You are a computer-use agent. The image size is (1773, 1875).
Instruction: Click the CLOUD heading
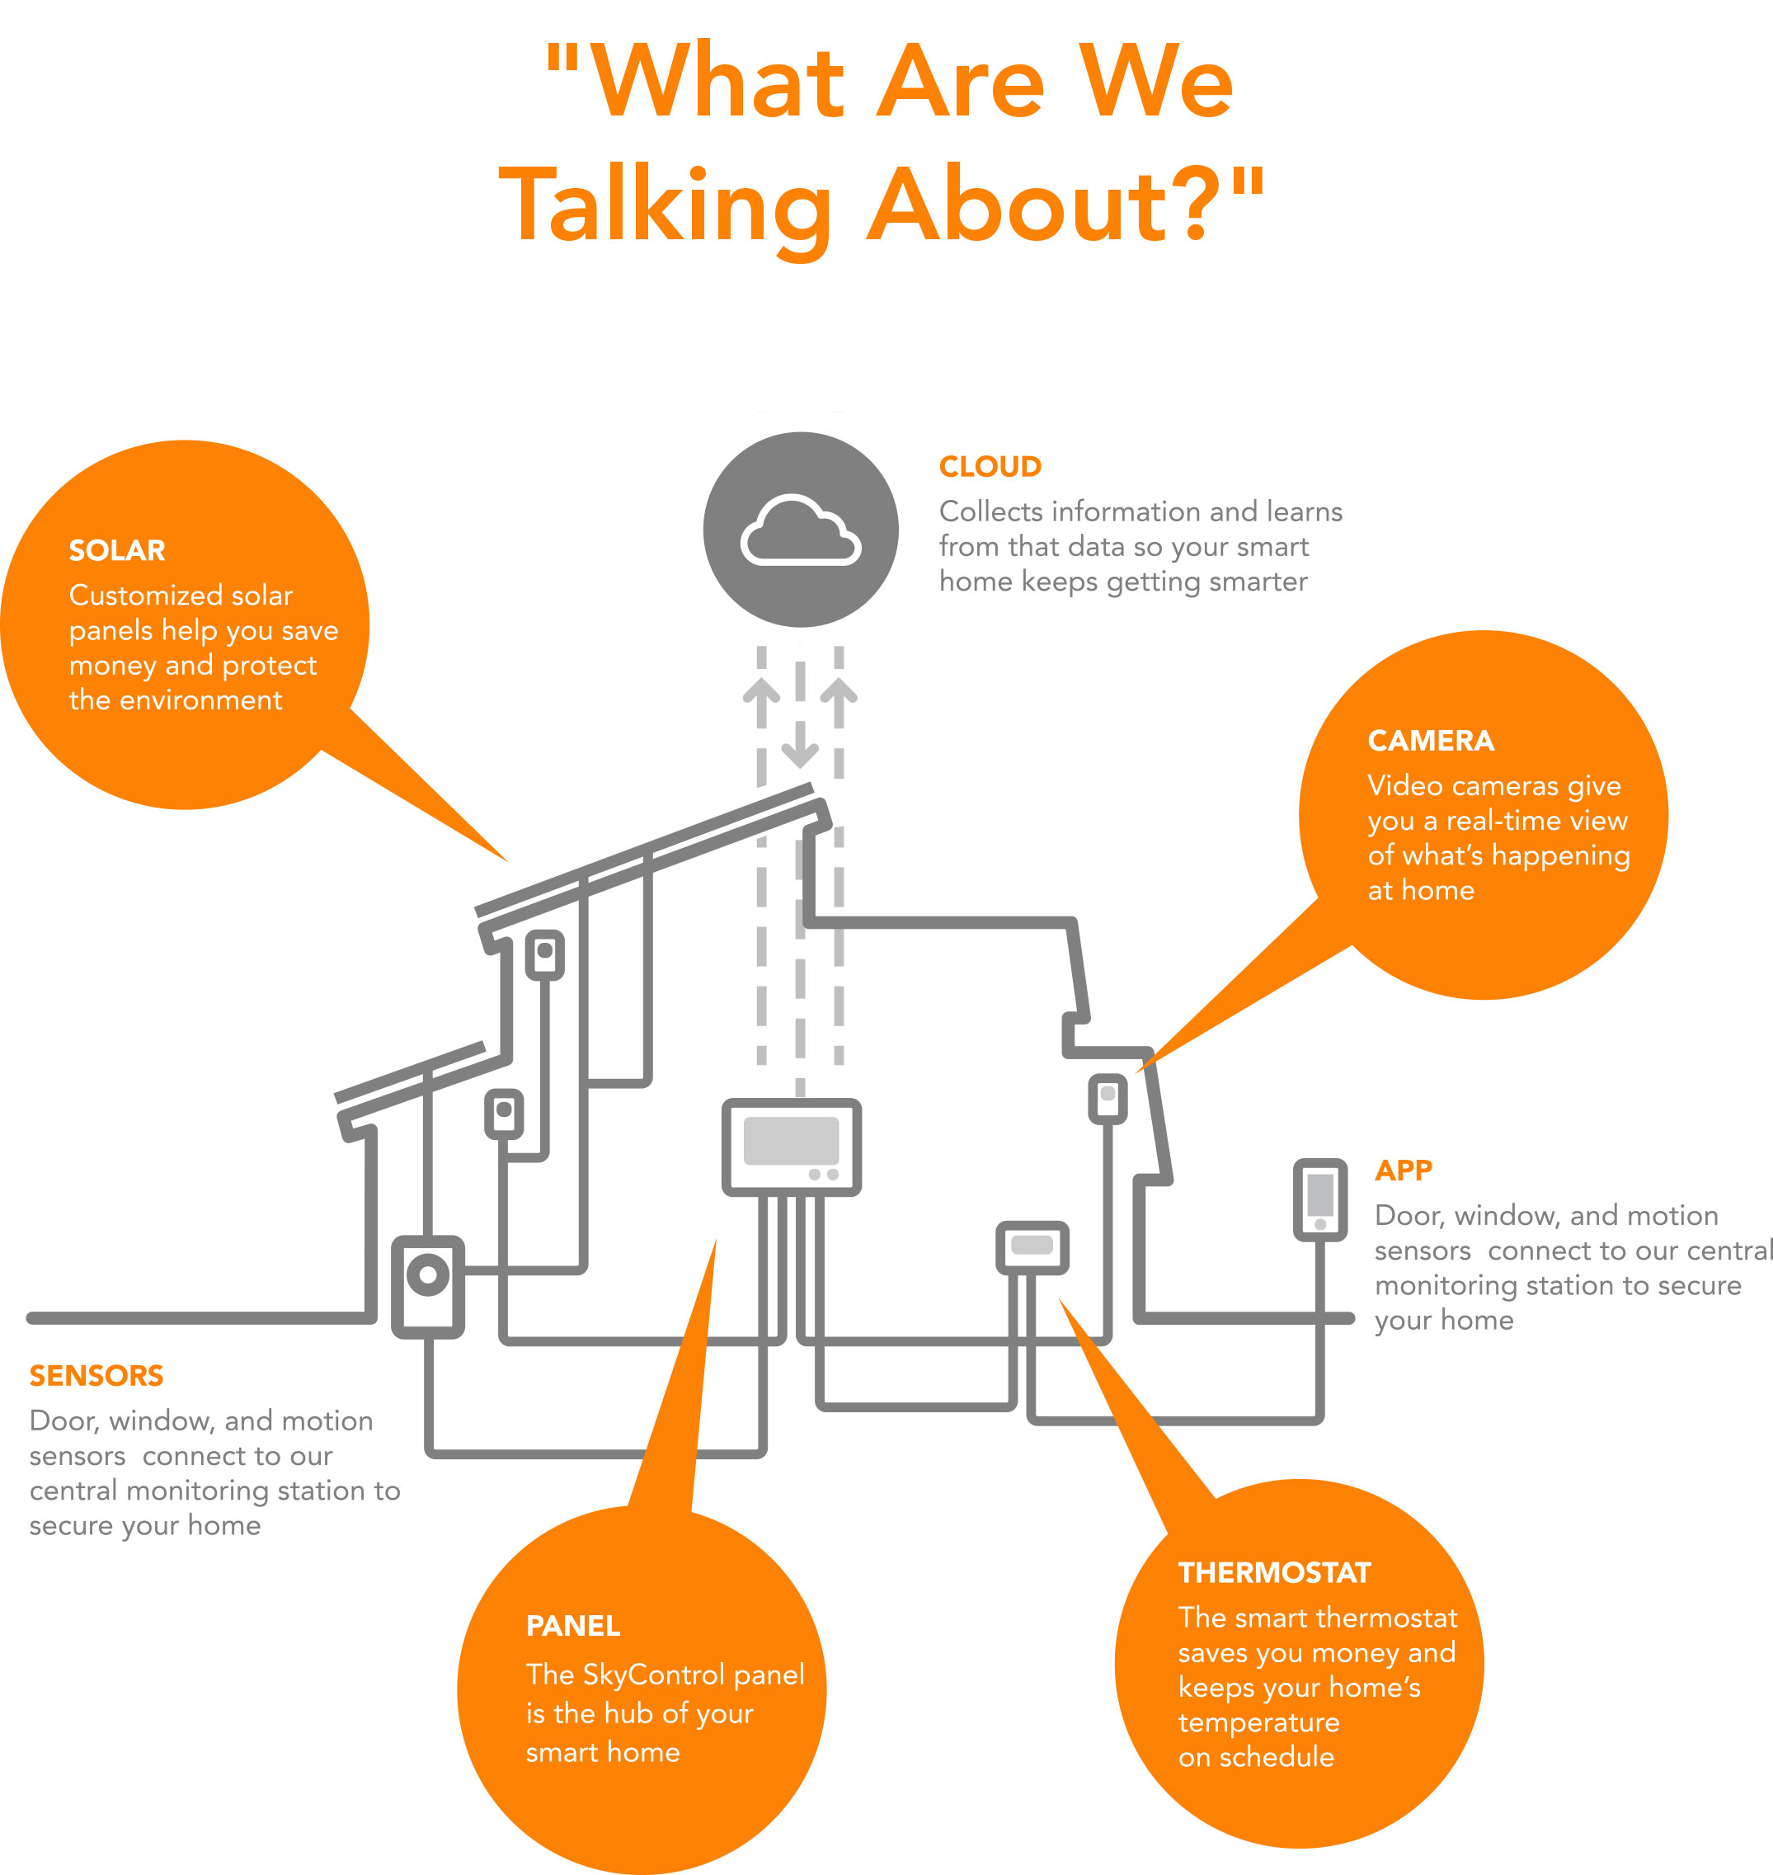pos(990,466)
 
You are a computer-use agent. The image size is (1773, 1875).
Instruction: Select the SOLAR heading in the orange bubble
pos(117,550)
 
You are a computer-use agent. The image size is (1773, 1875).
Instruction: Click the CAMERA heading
pos(1431,741)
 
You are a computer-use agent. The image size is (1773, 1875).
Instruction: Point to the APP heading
pos(1404,1170)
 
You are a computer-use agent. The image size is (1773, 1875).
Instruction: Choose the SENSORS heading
pos(96,1375)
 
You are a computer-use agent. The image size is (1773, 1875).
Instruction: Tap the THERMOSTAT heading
pos(1274,1572)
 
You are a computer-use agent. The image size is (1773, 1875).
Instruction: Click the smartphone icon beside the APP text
pos(1320,1199)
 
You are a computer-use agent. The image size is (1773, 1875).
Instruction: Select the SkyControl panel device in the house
pos(791,1147)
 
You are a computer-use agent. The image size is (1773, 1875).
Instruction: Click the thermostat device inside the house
pos(1032,1247)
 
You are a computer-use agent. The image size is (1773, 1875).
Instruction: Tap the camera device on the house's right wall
pos(1108,1098)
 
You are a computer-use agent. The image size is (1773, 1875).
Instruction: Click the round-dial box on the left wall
pos(428,1286)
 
